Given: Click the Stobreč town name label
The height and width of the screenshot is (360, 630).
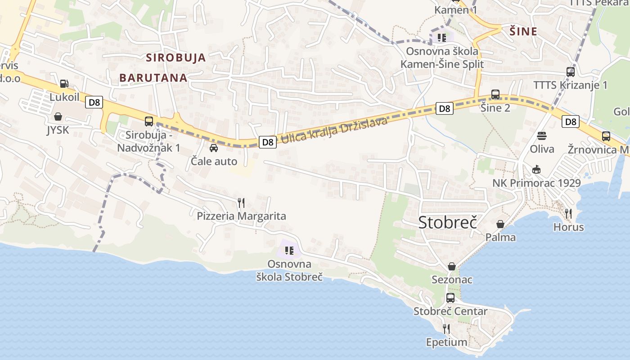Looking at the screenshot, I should coord(447,222).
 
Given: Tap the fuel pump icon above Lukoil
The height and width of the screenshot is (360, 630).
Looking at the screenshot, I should coord(64,84).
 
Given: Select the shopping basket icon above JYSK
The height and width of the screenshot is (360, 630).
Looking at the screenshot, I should coord(58,117).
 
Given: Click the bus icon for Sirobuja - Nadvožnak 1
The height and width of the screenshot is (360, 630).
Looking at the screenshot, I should coord(149,121).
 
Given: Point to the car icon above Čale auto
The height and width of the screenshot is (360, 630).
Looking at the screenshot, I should coord(214,148).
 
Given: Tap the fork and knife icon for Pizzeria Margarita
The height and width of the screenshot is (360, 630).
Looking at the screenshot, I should coord(241,203).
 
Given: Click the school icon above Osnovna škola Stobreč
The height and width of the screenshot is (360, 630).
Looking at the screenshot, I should coord(289,250).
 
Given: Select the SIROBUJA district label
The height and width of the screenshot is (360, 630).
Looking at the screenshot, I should coord(176,58).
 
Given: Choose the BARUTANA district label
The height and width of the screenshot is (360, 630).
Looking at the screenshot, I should coord(153,78).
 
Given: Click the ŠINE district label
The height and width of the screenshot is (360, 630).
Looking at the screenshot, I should coord(523,31).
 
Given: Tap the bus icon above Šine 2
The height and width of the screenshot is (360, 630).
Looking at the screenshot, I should coord(495,94).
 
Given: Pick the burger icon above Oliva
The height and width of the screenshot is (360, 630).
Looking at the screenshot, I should coord(542,135).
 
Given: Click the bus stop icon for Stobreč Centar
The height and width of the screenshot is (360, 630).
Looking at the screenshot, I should coord(450,297).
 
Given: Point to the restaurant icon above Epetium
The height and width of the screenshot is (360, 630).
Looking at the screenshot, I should coord(446,329).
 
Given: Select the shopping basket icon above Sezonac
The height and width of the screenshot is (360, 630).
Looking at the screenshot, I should coord(452,266).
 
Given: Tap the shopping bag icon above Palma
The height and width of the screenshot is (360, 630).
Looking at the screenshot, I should coord(500,224).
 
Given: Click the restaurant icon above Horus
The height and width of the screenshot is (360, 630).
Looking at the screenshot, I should coord(568,213).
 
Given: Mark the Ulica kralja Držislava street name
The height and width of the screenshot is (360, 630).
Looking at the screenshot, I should coord(334,131).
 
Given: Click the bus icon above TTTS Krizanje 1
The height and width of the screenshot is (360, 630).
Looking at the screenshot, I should coord(571,72).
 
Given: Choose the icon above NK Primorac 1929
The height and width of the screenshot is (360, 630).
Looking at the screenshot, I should coord(536,170).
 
